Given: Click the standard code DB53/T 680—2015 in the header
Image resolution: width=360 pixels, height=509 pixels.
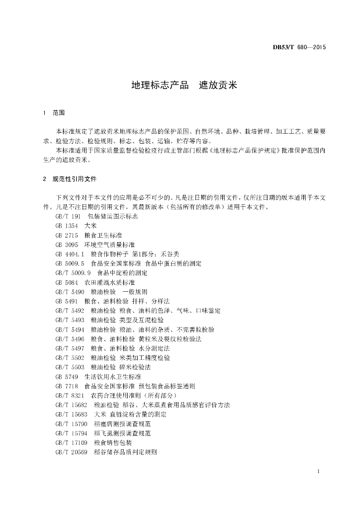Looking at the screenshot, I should pos(299,48).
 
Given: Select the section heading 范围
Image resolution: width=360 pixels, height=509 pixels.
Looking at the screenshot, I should pos(59,113).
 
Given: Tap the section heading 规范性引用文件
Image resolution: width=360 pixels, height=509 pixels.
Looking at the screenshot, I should pos(75,178).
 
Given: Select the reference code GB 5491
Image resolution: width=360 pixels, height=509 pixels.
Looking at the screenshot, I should pos(67,301).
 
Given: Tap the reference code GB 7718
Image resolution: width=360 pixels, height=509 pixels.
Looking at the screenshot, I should pos(67,386).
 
